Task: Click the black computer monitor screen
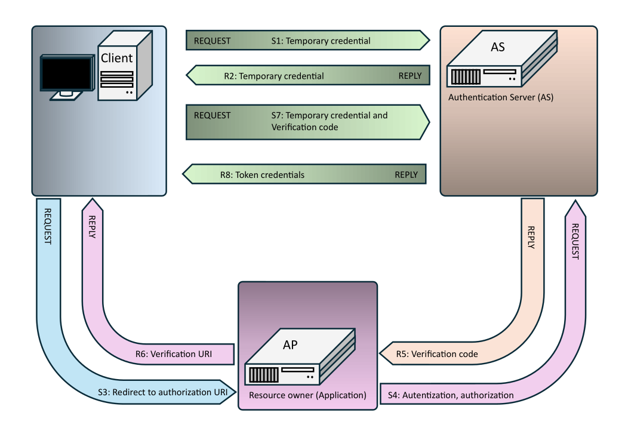click(x=66, y=73)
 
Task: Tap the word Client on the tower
click(x=117, y=58)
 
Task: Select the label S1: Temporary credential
click(x=321, y=41)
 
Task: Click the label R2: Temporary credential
click(x=274, y=76)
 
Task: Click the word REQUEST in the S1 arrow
click(x=212, y=41)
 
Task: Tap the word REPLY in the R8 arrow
click(x=407, y=175)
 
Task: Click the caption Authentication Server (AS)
click(x=500, y=97)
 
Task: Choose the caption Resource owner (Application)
click(x=307, y=395)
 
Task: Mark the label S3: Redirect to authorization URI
click(x=163, y=392)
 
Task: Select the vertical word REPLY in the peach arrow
click(x=531, y=237)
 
